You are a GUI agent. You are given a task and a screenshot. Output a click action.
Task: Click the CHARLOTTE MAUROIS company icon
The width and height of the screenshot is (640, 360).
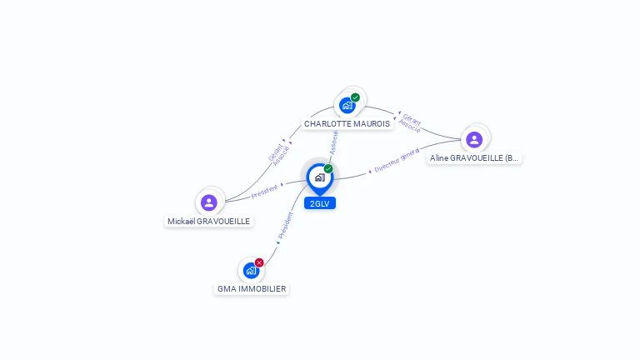click(x=347, y=106)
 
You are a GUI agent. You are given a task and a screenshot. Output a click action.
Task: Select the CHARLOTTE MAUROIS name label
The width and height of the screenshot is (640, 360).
click(x=347, y=124)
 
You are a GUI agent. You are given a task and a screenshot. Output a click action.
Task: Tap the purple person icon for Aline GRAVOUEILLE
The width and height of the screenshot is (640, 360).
click(x=474, y=139)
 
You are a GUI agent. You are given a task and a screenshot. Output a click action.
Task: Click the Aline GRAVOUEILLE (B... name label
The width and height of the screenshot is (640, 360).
click(x=474, y=157)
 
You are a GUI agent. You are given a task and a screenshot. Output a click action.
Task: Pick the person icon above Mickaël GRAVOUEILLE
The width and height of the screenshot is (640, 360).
click(x=209, y=202)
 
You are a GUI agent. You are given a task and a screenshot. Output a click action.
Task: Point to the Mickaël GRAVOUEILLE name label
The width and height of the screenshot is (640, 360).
click(x=208, y=222)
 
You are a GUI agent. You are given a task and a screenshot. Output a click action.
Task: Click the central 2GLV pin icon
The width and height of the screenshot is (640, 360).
click(x=319, y=177)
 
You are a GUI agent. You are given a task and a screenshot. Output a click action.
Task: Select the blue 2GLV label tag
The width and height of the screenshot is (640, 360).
click(x=320, y=203)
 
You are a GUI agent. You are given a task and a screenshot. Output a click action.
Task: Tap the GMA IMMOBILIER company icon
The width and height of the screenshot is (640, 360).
click(x=251, y=271)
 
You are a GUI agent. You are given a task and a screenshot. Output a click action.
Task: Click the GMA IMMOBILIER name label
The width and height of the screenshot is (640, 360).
click(x=252, y=289)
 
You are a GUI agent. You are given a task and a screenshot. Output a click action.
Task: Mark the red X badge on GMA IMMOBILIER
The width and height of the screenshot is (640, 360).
click(x=259, y=262)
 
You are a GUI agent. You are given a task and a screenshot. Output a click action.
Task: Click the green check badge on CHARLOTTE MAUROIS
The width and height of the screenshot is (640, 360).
click(x=355, y=97)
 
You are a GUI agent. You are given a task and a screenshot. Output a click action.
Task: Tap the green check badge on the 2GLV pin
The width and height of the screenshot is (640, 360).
click(x=328, y=168)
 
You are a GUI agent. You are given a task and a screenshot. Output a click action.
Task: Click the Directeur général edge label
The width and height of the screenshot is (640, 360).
click(x=396, y=160)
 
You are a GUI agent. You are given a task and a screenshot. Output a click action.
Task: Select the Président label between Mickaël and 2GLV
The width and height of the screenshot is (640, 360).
click(x=264, y=191)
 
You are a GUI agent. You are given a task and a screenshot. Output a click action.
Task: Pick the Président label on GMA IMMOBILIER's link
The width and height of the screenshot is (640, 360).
click(x=285, y=226)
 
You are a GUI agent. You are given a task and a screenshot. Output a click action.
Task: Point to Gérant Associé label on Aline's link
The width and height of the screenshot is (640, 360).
click(x=410, y=122)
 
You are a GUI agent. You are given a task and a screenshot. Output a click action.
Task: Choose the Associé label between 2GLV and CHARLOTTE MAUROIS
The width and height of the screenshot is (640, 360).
click(x=333, y=142)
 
